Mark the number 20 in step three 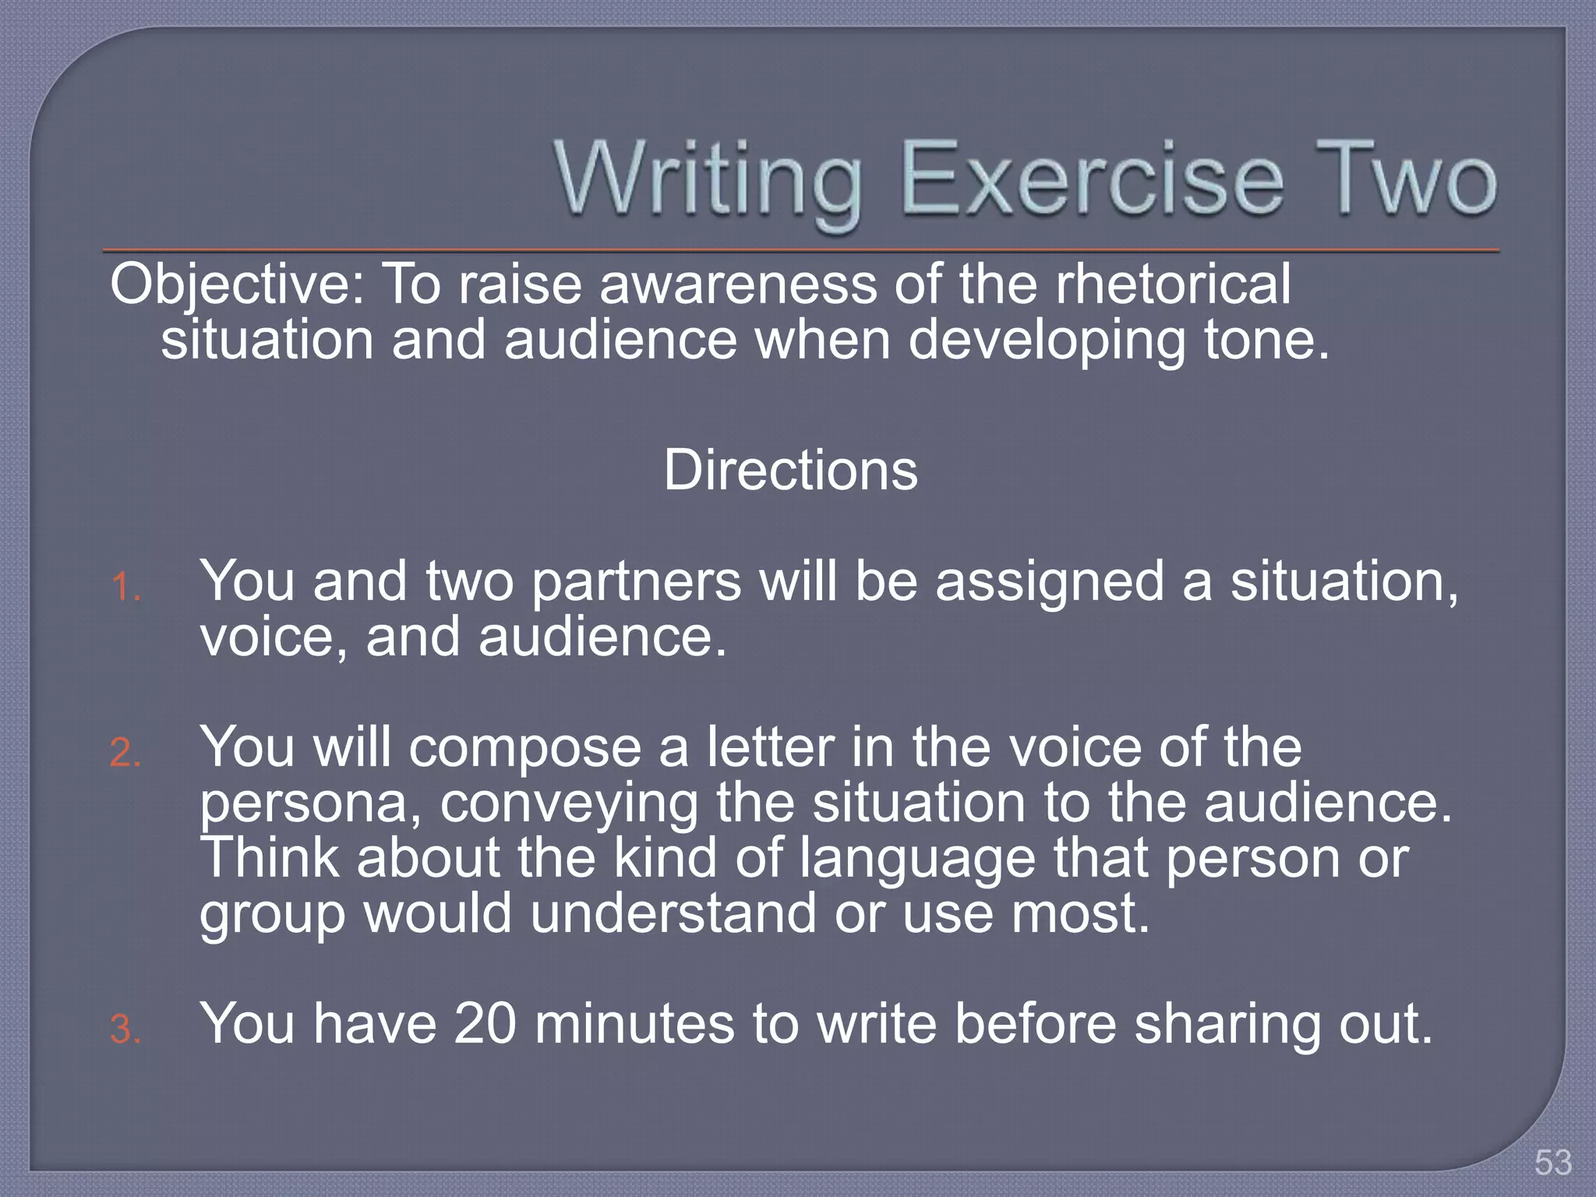(485, 1023)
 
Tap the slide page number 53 (1553, 1163)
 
